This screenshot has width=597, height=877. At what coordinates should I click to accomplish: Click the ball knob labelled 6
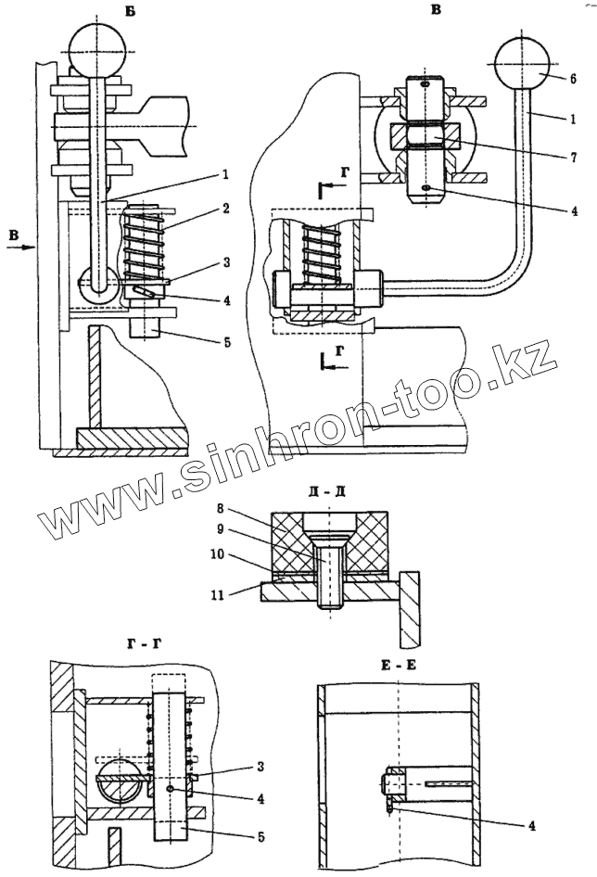pyautogui.click(x=523, y=63)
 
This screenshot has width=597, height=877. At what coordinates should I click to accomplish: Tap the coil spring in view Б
pyautogui.click(x=145, y=243)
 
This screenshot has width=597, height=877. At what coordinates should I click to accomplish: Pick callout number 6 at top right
pyautogui.click(x=573, y=81)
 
